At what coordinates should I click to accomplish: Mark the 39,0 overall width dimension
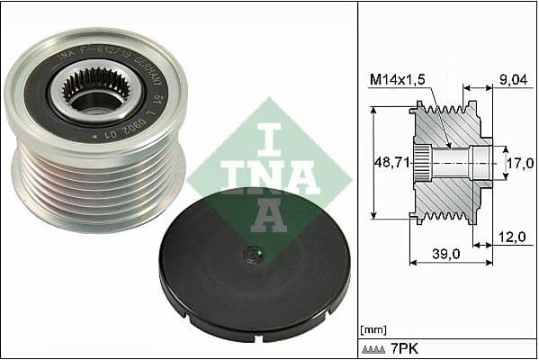[443, 255]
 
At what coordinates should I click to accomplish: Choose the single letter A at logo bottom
[270, 214]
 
